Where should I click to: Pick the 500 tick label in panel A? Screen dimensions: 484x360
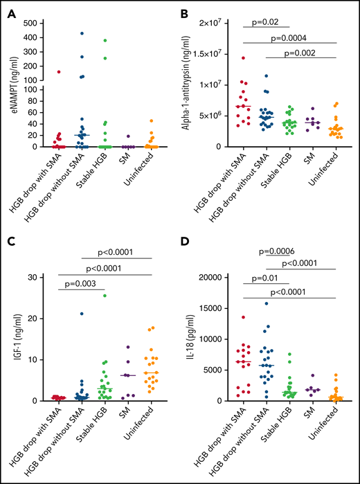32,23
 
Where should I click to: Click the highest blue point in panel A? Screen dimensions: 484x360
81,33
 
